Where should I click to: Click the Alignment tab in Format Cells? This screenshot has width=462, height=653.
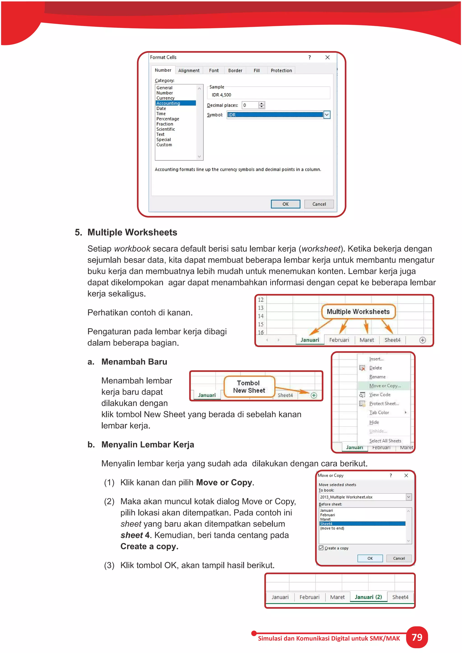coord(189,71)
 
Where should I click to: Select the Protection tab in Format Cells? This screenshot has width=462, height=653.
coord(281,71)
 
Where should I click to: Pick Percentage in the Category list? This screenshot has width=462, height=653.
coord(168,119)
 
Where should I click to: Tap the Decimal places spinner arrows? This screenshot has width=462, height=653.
coord(261,105)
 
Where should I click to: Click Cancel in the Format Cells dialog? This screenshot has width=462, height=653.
coord(319,204)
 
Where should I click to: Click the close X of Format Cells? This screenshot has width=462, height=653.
coord(328,57)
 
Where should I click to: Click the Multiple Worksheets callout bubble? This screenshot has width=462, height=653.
coord(358,312)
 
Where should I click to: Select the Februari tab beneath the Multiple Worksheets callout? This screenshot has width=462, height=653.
coord(339,340)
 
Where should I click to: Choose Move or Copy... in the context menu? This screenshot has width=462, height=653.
coord(385,386)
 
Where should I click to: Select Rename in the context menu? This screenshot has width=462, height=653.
coord(377,377)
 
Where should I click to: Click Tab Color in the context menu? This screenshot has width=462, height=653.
coord(379,413)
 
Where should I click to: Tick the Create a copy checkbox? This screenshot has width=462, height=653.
coord(321,548)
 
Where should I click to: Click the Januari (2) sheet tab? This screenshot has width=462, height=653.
coord(368,597)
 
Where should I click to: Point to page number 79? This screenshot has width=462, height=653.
coord(417,637)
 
